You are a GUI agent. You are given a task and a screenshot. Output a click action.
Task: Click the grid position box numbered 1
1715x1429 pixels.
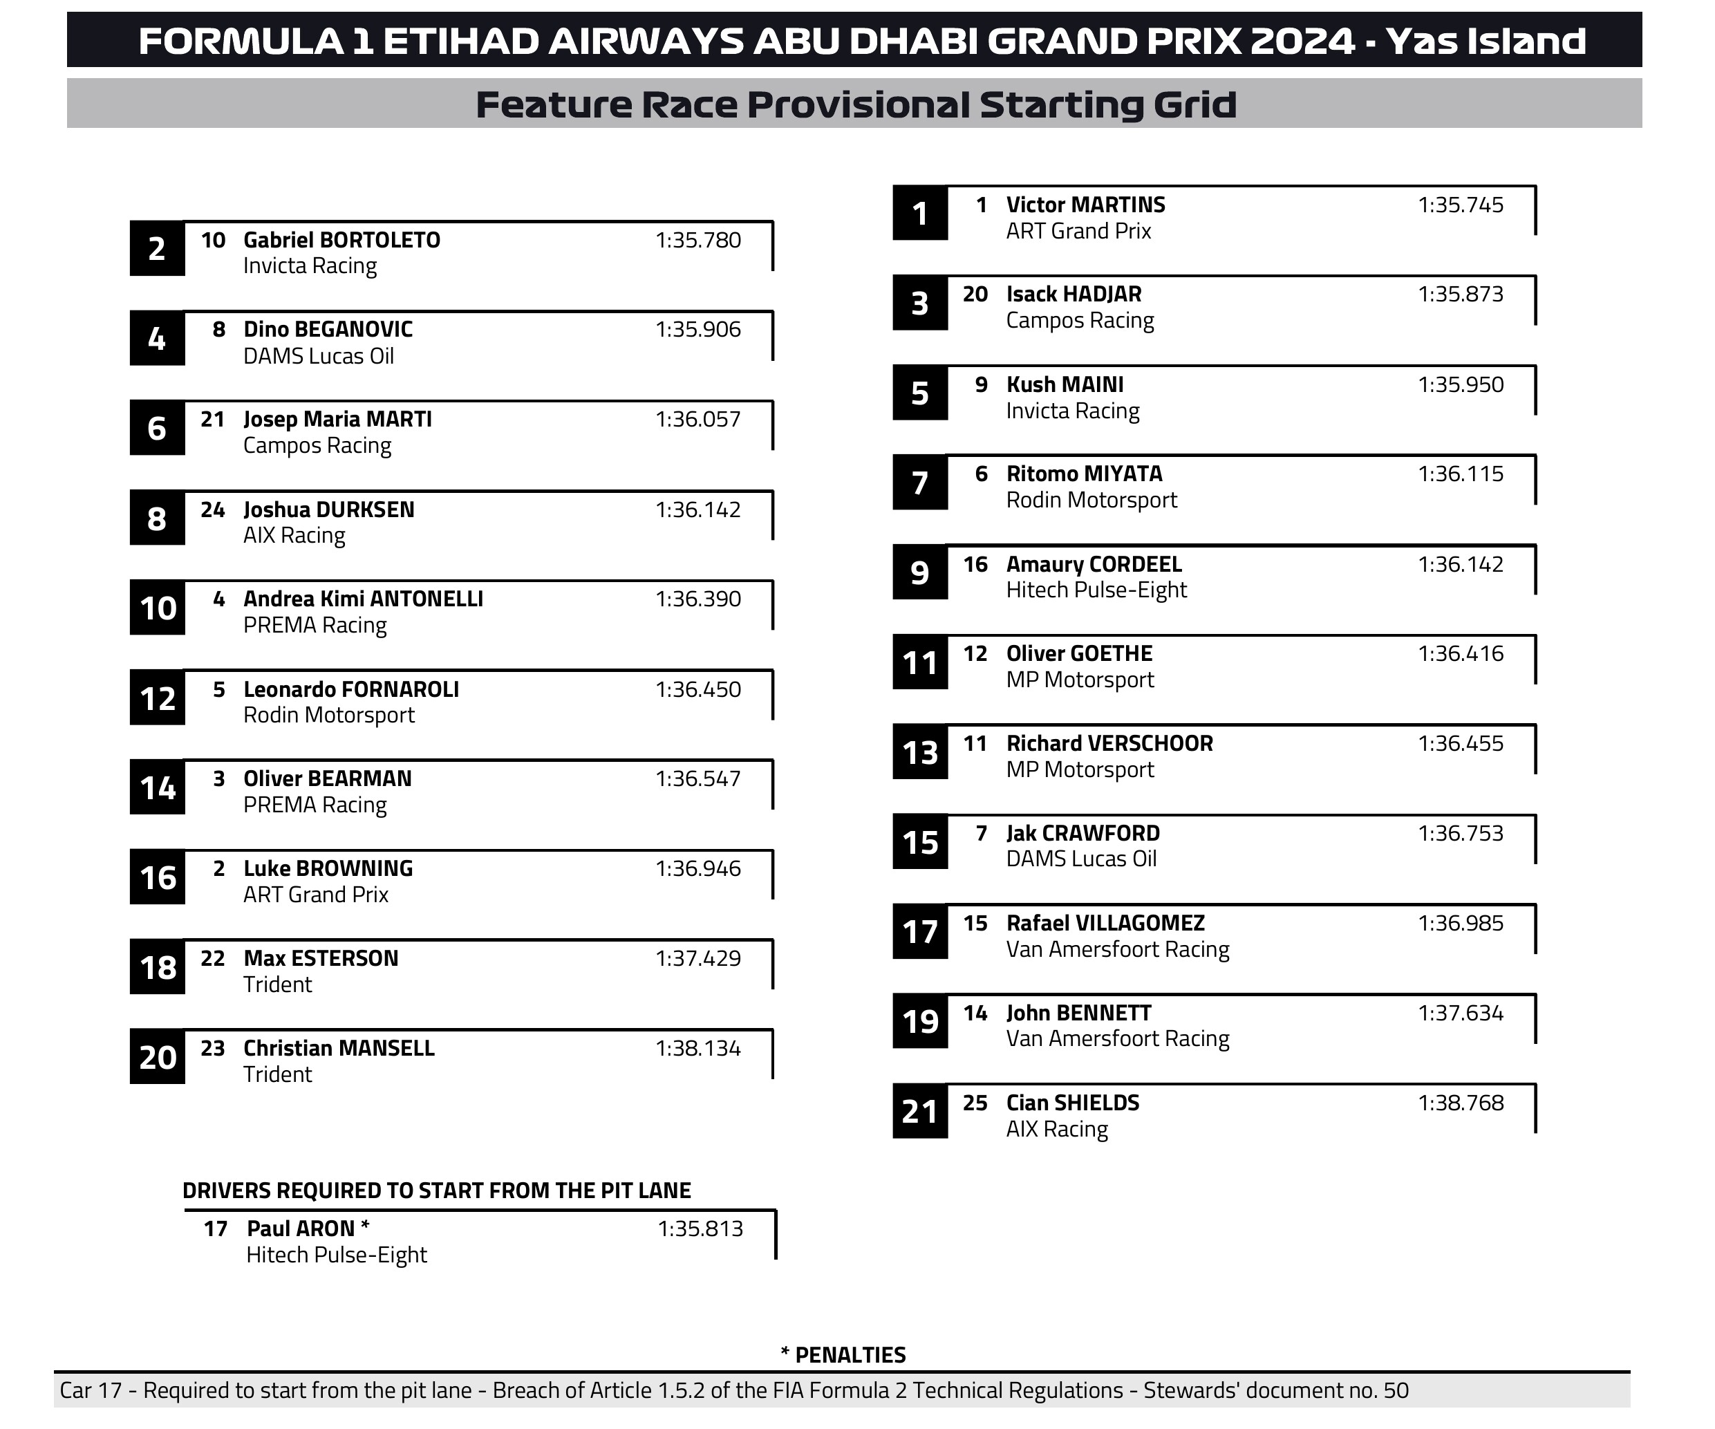[919, 214]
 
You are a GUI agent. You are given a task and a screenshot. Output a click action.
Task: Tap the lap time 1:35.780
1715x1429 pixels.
[697, 240]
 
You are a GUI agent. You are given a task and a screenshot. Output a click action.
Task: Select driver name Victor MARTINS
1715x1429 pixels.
[1085, 205]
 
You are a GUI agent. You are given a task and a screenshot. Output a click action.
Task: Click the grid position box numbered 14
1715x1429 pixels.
[158, 788]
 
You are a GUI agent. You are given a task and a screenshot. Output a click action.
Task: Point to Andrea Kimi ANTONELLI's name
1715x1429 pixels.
[363, 599]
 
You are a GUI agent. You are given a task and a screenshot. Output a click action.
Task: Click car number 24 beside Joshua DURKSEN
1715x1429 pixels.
[212, 510]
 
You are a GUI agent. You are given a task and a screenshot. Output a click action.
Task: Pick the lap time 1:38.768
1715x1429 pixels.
[1460, 1103]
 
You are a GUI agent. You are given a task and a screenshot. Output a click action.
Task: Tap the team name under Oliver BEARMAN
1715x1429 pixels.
[315, 805]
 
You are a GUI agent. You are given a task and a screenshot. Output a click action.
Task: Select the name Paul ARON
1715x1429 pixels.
[301, 1229]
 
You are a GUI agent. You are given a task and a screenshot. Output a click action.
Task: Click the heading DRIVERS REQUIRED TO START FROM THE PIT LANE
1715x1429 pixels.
[436, 1190]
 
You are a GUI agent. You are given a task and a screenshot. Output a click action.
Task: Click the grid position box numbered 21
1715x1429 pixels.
[919, 1112]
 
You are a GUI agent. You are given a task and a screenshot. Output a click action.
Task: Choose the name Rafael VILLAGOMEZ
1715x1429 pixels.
[1105, 924]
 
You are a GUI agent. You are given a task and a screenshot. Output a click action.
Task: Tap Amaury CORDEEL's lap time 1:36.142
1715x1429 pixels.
[1460, 564]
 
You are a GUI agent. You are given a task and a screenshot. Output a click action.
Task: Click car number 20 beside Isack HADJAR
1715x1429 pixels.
[975, 294]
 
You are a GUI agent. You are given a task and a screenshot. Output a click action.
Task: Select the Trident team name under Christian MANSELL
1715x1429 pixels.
[277, 1074]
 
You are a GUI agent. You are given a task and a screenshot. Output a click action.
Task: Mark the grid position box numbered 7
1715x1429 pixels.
[919, 483]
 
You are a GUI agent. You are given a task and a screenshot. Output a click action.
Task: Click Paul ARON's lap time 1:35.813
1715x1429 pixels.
[700, 1229]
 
